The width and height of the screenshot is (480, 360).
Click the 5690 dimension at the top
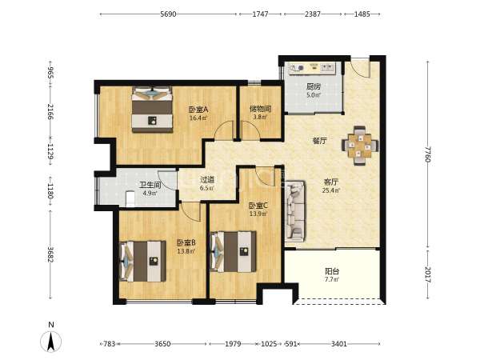pyautogui.click(x=168, y=14)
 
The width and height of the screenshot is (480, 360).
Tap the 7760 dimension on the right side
pyautogui.click(x=428, y=154)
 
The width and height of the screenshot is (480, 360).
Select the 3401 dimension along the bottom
pyautogui.click(x=339, y=344)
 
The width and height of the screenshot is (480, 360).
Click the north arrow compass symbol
pyautogui.click(x=51, y=341)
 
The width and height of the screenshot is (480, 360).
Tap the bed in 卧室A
pyautogui.click(x=152, y=110)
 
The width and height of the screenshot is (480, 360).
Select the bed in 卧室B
pyautogui.click(x=142, y=261)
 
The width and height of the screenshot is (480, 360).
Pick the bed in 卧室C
pyautogui.click(x=234, y=252)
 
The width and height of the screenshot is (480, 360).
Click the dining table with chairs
pyautogui.click(x=360, y=146)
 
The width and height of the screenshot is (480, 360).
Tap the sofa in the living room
pyautogui.click(x=295, y=210)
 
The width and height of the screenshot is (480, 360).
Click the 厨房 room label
pyautogui.click(x=314, y=86)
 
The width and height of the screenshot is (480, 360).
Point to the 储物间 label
pyautogui.click(x=261, y=109)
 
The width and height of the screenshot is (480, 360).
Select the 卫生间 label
pyautogui.click(x=150, y=185)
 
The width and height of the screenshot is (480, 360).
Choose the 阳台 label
pyautogui.click(x=332, y=271)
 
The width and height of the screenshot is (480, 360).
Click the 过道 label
pyautogui.click(x=207, y=180)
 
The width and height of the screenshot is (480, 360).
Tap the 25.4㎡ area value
pyautogui.click(x=331, y=190)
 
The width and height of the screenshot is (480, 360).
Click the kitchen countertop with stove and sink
pyautogui.click(x=312, y=68)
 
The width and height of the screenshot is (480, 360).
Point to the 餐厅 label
pyautogui.click(x=319, y=141)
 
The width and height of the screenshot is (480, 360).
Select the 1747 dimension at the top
pyautogui.click(x=260, y=14)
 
